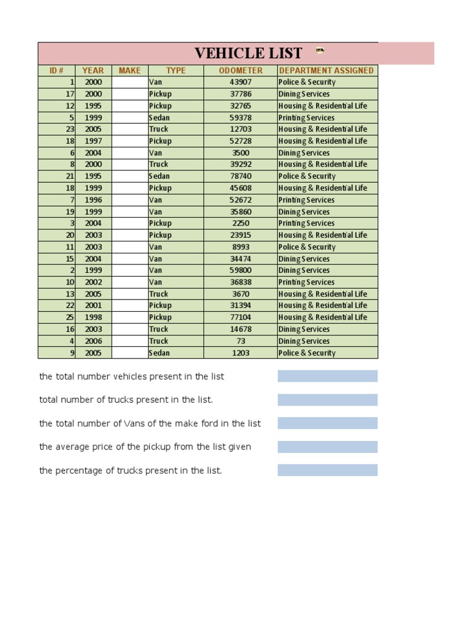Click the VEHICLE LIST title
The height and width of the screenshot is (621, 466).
pos(248,53)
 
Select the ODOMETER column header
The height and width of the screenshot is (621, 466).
pos(240,70)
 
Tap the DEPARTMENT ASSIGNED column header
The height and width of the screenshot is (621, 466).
pos(326,70)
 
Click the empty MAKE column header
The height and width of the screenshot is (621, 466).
pos(129,70)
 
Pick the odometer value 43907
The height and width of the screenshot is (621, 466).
pos(240,82)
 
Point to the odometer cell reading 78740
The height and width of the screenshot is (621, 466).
pos(240,176)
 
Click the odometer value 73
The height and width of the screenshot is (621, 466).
pos(240,341)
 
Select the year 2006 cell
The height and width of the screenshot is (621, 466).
pos(93,341)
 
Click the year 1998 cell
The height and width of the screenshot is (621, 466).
pos(93,317)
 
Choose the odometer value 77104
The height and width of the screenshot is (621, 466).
pos(240,317)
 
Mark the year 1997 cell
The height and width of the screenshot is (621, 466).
pos(93,141)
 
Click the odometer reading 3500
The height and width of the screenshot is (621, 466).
pos(240,153)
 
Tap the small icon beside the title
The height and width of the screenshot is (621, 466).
pos(320,50)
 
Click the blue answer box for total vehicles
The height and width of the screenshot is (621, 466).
pos(328,376)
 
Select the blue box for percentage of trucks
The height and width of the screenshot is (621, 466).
pos(328,470)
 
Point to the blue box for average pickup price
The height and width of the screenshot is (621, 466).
pos(328,447)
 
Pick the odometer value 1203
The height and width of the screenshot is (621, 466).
pos(240,353)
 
